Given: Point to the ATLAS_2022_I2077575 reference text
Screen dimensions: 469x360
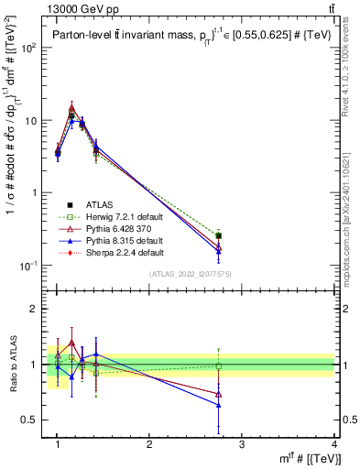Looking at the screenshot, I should pos(191,273).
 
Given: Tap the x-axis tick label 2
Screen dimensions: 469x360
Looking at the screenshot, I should pos(149,444).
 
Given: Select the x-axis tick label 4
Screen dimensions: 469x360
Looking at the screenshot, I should pos(334,444).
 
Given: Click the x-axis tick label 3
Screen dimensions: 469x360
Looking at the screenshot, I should pos(242,444).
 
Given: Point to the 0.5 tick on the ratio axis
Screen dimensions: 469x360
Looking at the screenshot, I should pos(30,420).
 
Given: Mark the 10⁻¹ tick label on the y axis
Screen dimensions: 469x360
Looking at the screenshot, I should pos(27,266).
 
